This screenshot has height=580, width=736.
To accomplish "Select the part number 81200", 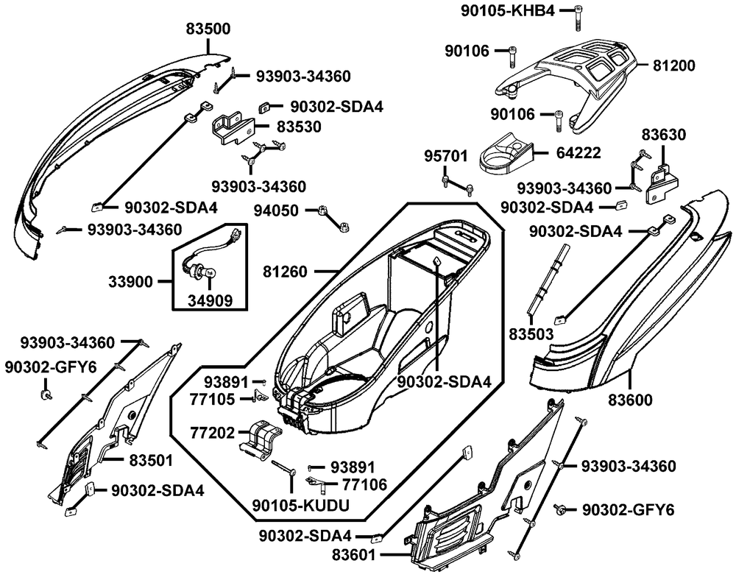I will pyautogui.click(x=673, y=65).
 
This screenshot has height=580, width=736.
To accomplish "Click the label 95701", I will pyautogui.click(x=445, y=156).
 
